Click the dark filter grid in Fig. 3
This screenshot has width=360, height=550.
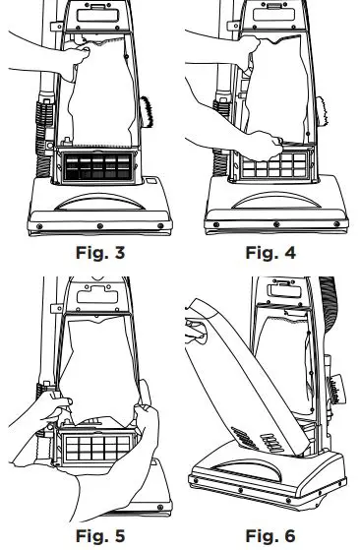click(x=94, y=168)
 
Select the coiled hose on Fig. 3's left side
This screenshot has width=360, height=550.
click(x=45, y=118)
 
